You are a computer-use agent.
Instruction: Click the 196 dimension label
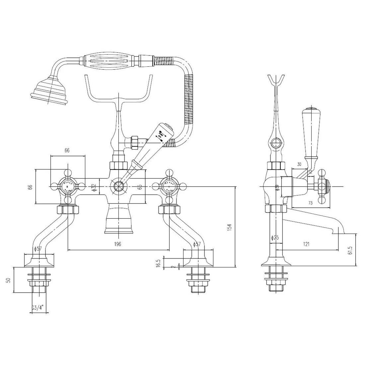coord(117,244)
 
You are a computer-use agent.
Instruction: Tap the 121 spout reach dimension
coord(306,244)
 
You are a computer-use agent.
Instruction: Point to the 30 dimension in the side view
coord(299,164)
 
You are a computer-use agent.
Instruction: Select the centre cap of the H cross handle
coord(67,187)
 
